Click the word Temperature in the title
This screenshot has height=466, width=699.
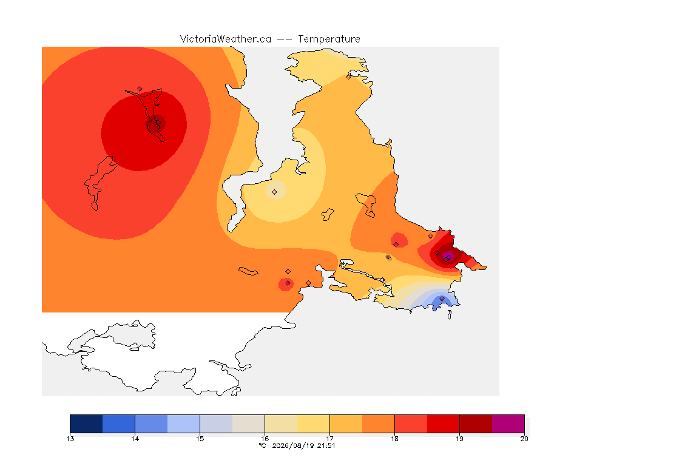[x=329, y=39]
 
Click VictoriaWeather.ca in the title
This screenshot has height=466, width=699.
[x=226, y=39]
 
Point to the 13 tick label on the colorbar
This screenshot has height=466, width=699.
[x=70, y=439]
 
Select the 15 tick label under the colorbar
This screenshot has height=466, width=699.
[x=200, y=439]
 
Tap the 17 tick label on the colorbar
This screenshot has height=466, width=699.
[x=329, y=439]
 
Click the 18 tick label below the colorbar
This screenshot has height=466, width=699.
[x=394, y=439]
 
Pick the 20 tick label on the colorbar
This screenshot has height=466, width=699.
[x=524, y=439]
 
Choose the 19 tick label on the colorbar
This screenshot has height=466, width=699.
[x=459, y=439]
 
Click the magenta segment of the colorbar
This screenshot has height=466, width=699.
[x=508, y=424]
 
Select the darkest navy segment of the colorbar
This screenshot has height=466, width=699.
[x=87, y=424]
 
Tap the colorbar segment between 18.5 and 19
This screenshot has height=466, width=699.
[x=443, y=424]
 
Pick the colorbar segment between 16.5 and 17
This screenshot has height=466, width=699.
[x=313, y=424]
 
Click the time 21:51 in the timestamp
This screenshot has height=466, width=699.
[x=326, y=445]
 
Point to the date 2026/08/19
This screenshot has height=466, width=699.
[x=293, y=445]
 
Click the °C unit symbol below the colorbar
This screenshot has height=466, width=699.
[x=263, y=445]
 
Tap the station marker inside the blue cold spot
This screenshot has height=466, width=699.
[x=442, y=299]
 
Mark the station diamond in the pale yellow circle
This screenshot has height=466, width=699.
[x=275, y=192]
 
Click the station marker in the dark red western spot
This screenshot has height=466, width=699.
[x=157, y=123]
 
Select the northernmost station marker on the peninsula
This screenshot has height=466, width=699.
[x=349, y=76]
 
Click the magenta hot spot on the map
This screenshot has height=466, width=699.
[x=448, y=257]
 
